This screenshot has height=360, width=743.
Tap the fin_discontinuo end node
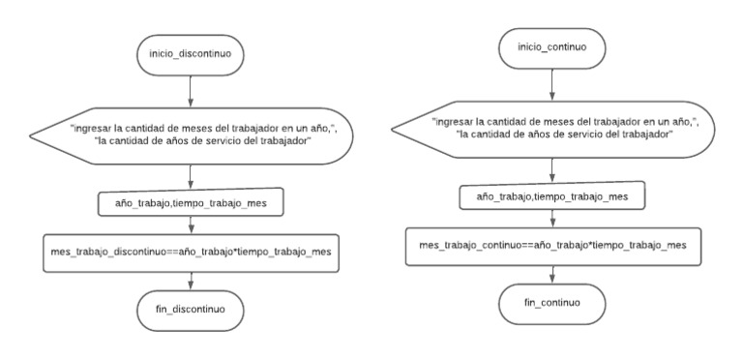[x=191, y=310]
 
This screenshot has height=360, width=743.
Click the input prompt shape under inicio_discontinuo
[x=193, y=137]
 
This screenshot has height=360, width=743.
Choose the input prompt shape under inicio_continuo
[x=551, y=128]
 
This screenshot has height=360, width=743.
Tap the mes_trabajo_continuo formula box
[x=551, y=245]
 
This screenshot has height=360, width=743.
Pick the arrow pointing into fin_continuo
[x=551, y=273]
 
